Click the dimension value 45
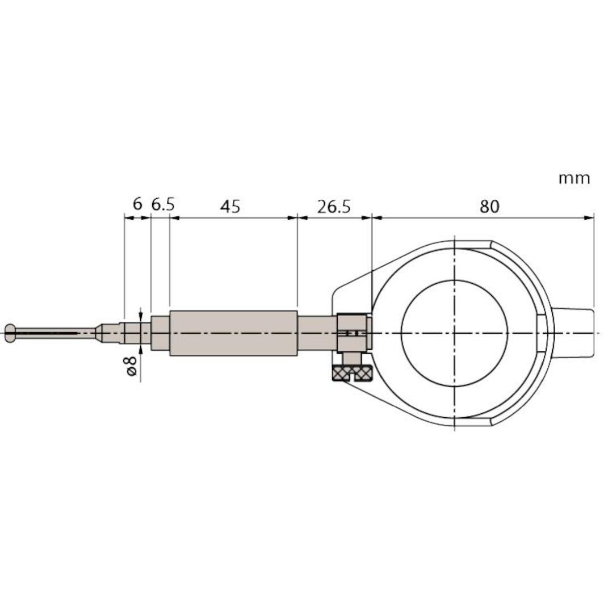coord(230,207)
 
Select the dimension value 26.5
coord(334,207)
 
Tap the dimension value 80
coord(489,207)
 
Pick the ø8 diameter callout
coord(131,364)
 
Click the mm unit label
coord(574,178)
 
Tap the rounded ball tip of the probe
coord(10,333)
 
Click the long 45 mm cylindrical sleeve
coord(233,333)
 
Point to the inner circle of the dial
coord(454,333)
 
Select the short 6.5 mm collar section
coord(160,333)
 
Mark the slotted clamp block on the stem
coord(352,333)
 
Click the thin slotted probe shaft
coord(57,333)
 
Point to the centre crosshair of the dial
coord(454,333)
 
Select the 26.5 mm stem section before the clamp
coord(317,333)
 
